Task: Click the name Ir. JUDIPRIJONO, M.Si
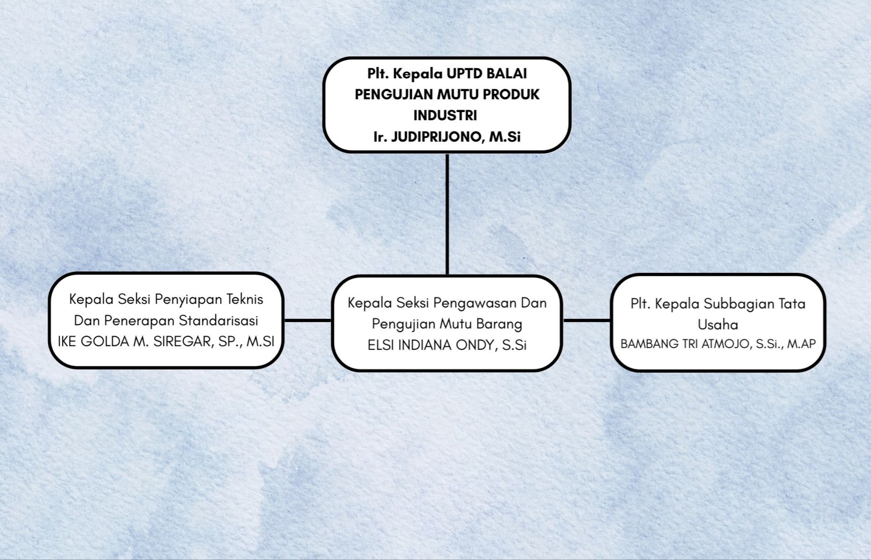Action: [447, 137]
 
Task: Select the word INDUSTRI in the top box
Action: [445, 116]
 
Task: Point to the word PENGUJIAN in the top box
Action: [394, 95]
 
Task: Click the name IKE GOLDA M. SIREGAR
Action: [135, 342]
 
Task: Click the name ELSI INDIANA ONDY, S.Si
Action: [447, 345]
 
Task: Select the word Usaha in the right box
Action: [717, 325]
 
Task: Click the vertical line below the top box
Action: [447, 214]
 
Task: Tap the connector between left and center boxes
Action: [308, 320]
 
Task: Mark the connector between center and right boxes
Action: [587, 320]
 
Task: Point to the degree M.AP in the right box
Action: [801, 344]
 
